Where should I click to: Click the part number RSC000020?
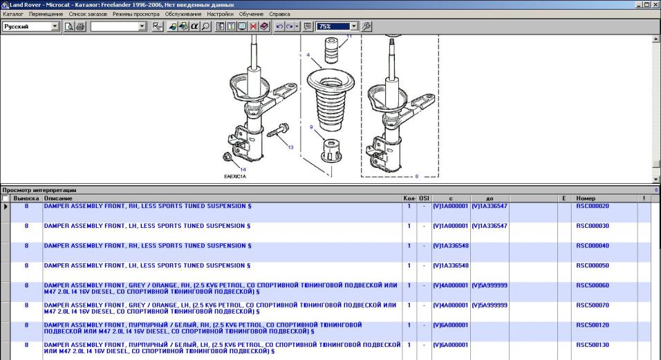[593, 206]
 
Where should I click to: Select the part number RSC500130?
[593, 345]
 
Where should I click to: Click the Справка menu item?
[279, 14]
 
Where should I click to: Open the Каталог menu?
[13, 14]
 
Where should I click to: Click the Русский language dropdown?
[30, 26]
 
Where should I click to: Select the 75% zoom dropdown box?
[337, 26]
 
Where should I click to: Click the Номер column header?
[586, 198]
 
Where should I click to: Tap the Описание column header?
[58, 198]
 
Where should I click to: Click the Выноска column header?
[26, 198]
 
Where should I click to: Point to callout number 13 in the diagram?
[290, 147]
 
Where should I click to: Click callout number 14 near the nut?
[243, 170]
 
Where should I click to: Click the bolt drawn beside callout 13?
[278, 130]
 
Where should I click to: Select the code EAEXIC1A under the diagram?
[235, 177]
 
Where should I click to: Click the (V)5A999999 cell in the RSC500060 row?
[490, 285]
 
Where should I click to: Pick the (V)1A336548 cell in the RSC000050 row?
[451, 266]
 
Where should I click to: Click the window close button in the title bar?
[655, 5]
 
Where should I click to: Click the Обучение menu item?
[251, 14]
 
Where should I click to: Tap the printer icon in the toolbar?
[80, 26]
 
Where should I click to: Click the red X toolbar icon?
[253, 26]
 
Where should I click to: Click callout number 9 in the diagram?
[311, 127]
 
